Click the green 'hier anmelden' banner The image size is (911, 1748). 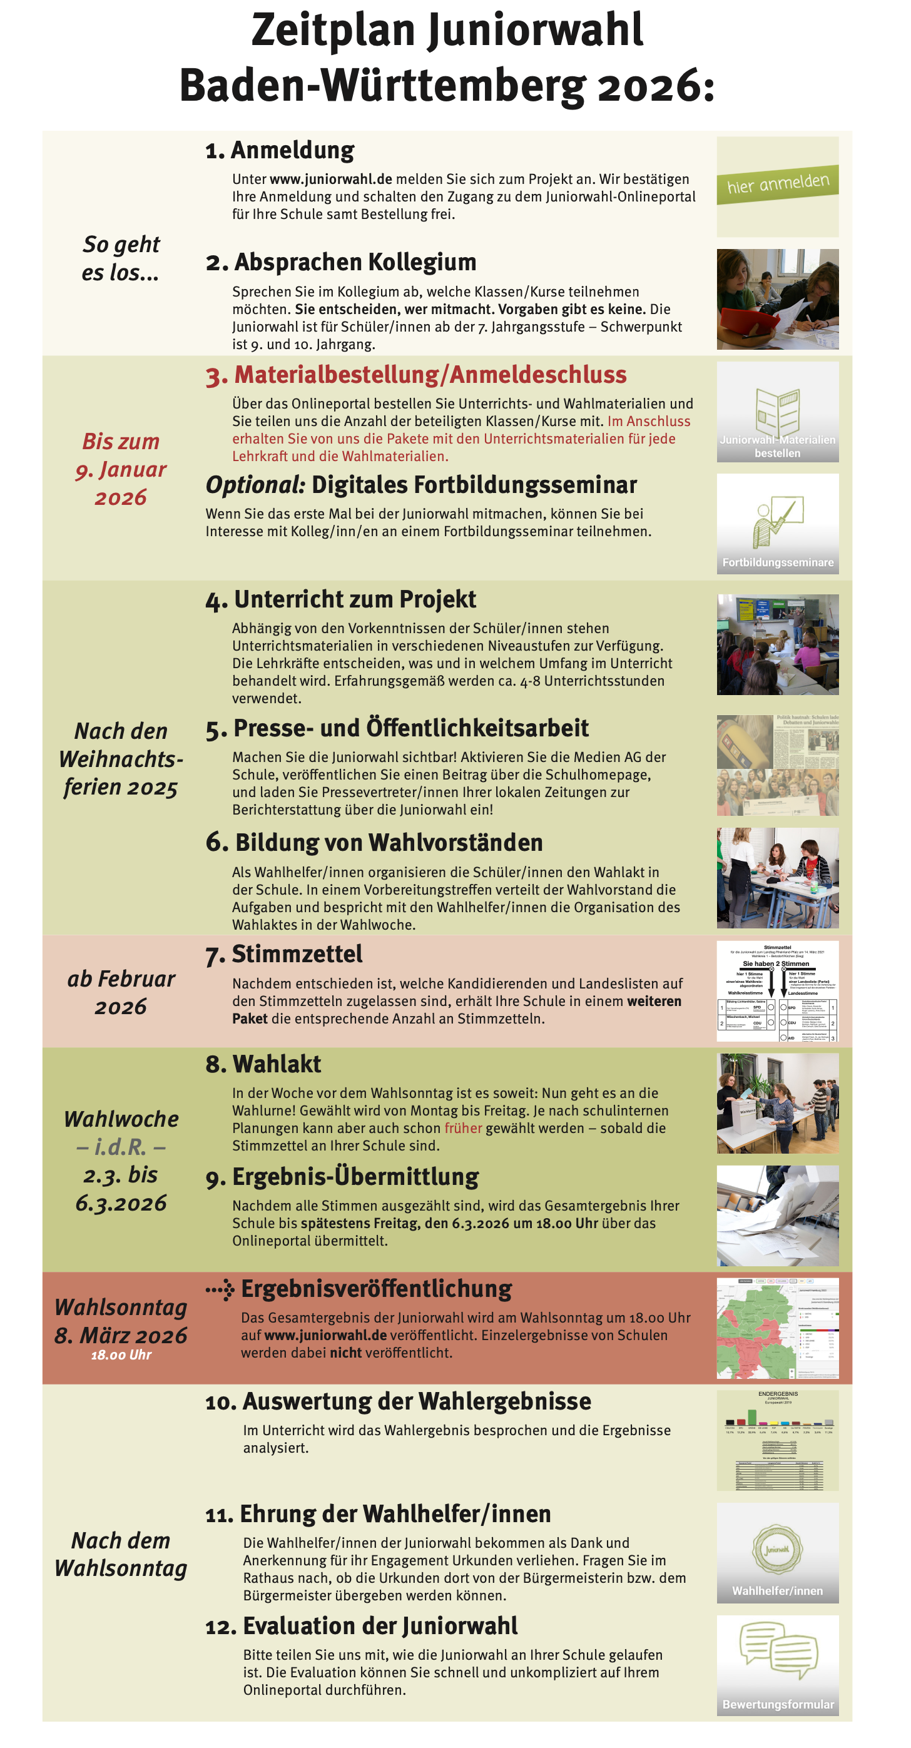[x=777, y=184]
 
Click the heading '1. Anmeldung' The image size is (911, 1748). [x=280, y=150]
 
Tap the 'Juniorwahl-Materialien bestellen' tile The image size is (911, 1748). [x=777, y=412]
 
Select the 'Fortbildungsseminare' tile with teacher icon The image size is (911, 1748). [x=777, y=524]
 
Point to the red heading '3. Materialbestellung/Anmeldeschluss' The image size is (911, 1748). [x=416, y=375]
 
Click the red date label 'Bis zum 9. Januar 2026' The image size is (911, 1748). [x=121, y=469]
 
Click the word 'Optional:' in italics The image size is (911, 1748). [x=255, y=485]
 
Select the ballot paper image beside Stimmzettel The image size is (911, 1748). [x=777, y=991]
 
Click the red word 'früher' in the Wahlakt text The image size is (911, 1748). [x=463, y=1128]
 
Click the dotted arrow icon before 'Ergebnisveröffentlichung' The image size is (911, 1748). [x=220, y=1289]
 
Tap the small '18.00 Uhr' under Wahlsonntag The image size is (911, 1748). [x=121, y=1354]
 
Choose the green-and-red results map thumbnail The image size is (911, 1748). [x=777, y=1328]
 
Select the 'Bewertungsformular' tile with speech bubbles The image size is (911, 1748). [x=777, y=1665]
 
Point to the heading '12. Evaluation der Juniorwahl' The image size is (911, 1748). [x=361, y=1627]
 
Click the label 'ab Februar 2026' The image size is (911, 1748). [x=121, y=992]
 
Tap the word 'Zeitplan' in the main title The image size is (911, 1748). [x=333, y=31]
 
